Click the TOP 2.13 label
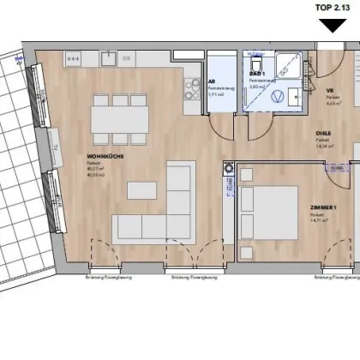[x=334, y=8]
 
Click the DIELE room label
[x=323, y=133]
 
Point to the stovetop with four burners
[x=73, y=59]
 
